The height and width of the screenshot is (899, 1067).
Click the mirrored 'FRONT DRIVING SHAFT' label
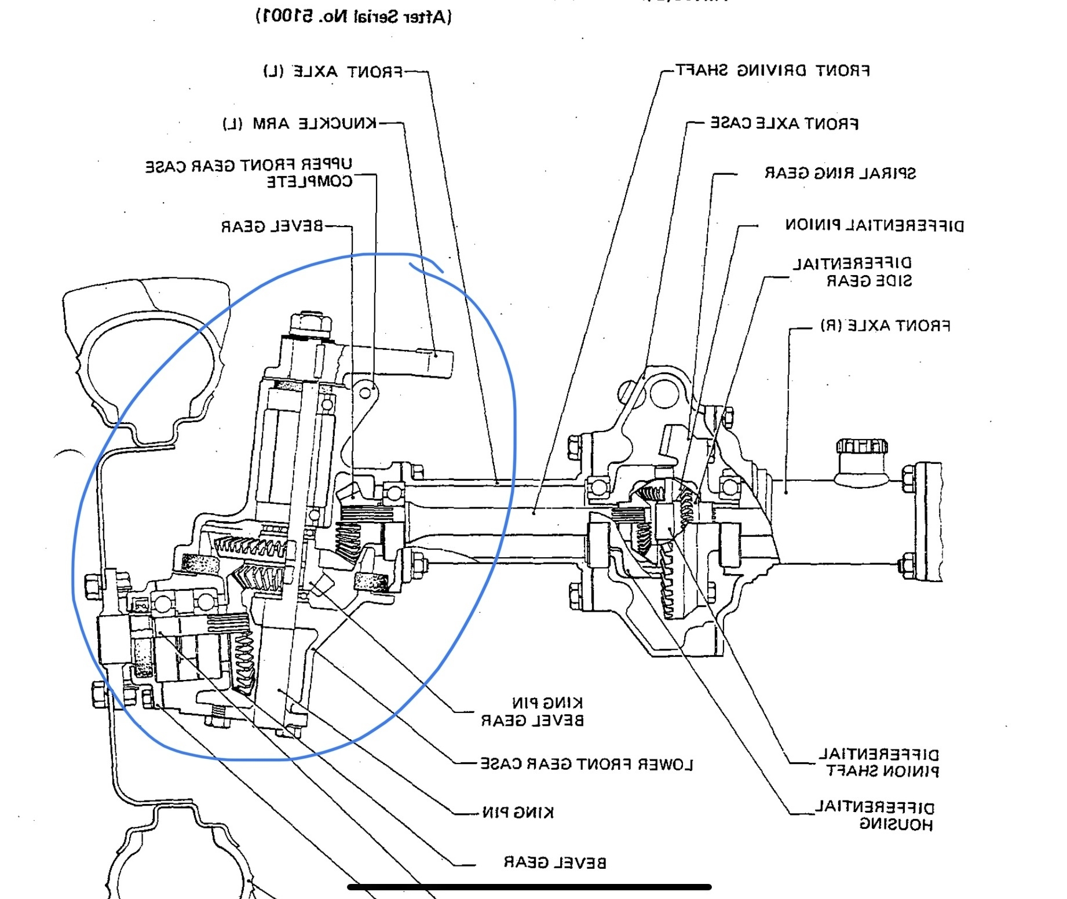pyautogui.click(x=773, y=71)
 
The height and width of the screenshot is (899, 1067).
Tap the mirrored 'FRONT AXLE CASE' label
pyautogui.click(x=784, y=123)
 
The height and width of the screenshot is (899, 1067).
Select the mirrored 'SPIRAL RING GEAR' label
pyautogui.click(x=840, y=173)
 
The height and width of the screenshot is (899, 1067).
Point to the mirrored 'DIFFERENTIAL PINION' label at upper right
pyautogui.click(x=874, y=225)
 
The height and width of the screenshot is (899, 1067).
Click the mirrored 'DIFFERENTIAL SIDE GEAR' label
pyautogui.click(x=853, y=272)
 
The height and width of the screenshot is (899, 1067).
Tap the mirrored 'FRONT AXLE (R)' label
pyautogui.click(x=885, y=326)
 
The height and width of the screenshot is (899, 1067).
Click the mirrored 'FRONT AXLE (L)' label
pyautogui.click(x=332, y=72)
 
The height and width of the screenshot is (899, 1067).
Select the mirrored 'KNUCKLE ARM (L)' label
pyautogui.click(x=299, y=123)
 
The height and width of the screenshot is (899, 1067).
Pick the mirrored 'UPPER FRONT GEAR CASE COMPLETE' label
pyautogui.click(x=249, y=173)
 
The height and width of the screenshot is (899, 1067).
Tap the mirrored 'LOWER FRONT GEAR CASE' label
pyautogui.click(x=586, y=765)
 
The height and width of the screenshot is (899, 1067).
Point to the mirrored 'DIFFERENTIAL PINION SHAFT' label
pyautogui.click(x=879, y=763)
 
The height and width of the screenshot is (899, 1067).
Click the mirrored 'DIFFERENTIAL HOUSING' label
pyautogui.click(x=875, y=816)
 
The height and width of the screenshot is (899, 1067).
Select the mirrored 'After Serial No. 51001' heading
pyautogui.click(x=353, y=16)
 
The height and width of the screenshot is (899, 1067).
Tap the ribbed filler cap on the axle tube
pyautogui.click(x=862, y=447)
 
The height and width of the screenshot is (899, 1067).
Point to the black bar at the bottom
pyautogui.click(x=529, y=887)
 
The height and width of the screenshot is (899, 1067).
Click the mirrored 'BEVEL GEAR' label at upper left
pyautogui.click(x=272, y=226)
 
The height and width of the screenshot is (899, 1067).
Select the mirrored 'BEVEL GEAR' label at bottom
pyautogui.click(x=555, y=863)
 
